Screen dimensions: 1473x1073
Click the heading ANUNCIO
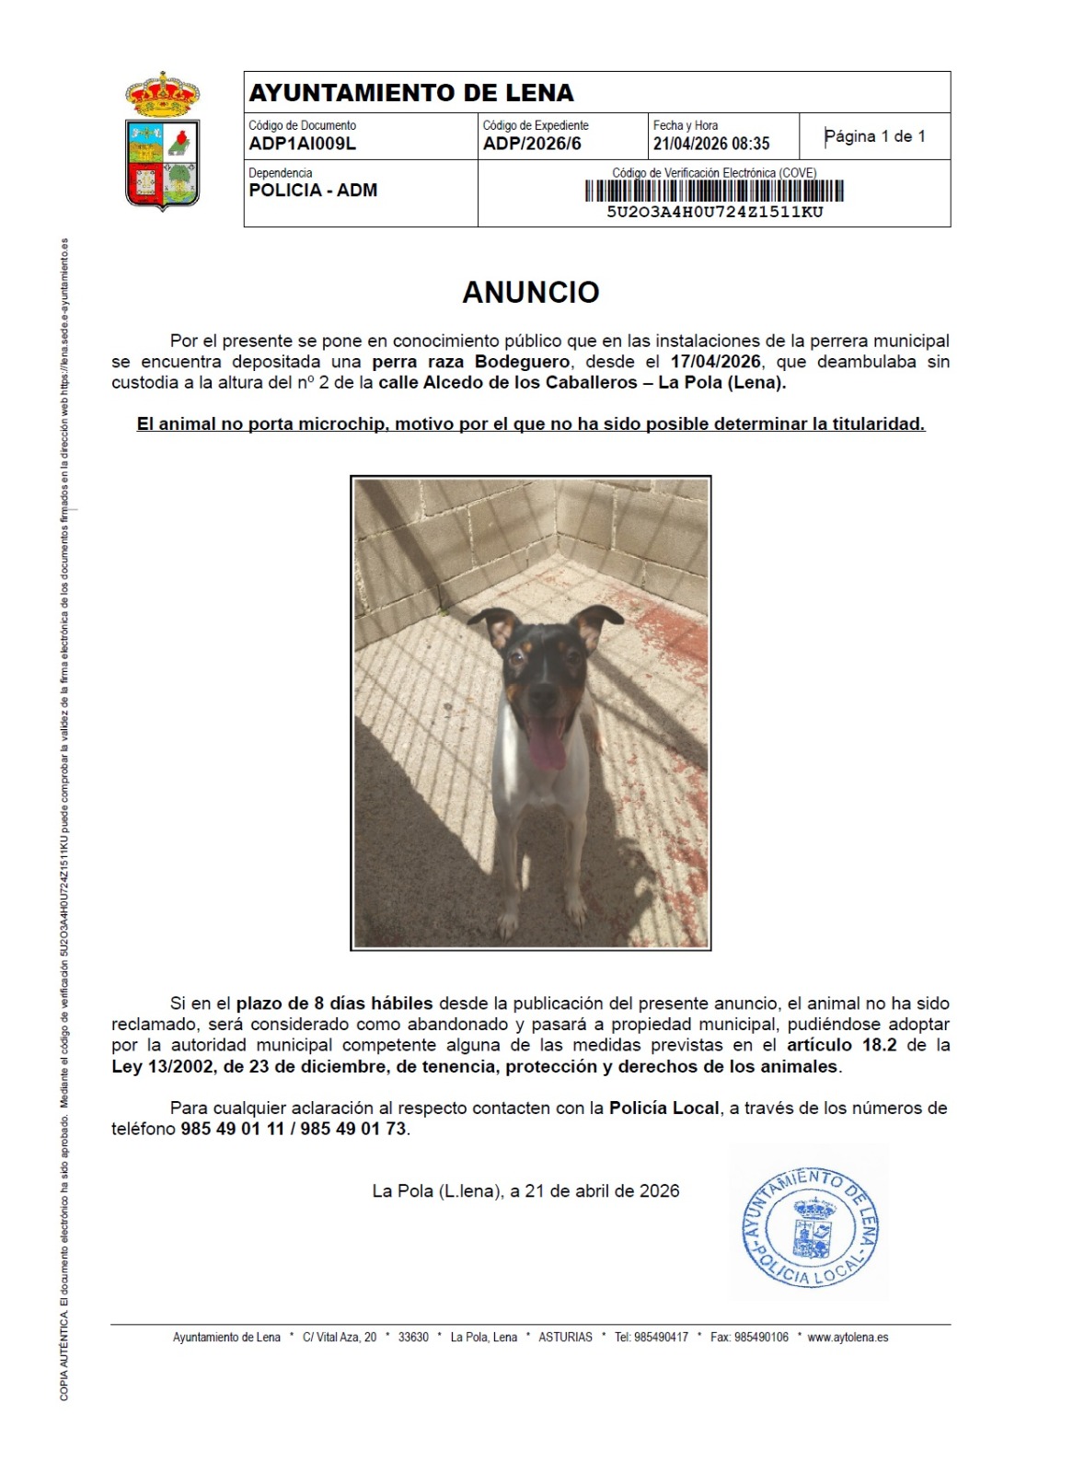(531, 292)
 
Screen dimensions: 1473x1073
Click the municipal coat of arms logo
(163, 141)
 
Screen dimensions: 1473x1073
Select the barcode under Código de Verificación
(714, 191)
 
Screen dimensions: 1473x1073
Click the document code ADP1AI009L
(302, 144)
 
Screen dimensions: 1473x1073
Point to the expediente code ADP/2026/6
(532, 144)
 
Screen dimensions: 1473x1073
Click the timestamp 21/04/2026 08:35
(711, 144)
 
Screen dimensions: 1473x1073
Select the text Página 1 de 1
(874, 136)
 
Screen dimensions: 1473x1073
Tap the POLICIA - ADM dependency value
(313, 190)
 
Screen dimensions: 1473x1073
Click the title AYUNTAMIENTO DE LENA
(411, 93)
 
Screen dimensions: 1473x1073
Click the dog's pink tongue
(547, 744)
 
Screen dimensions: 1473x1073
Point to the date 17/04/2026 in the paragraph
(715, 362)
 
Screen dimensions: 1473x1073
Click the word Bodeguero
(522, 362)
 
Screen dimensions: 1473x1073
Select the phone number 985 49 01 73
(353, 1129)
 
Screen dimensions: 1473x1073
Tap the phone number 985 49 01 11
(233, 1129)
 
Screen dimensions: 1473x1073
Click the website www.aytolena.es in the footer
(848, 1337)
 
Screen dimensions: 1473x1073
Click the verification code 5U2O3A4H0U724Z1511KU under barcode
(714, 212)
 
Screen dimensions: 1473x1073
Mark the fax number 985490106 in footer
(762, 1337)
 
